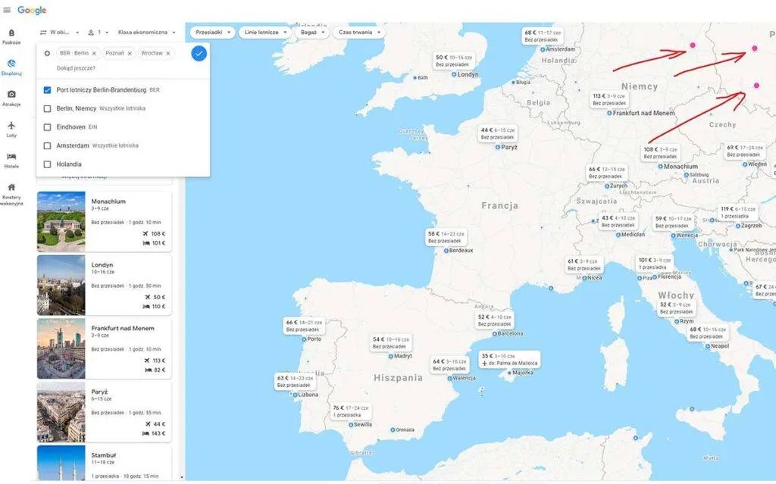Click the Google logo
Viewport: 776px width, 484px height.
click(x=32, y=10)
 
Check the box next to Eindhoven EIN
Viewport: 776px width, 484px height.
click(x=48, y=126)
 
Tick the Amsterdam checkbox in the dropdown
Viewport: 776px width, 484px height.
click(x=48, y=145)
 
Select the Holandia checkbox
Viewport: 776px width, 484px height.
click(x=48, y=164)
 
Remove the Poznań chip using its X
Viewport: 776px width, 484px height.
click(x=130, y=54)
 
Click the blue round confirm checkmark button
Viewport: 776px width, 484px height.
click(x=199, y=53)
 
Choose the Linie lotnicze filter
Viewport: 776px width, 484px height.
click(x=264, y=33)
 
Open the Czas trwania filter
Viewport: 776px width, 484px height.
click(x=358, y=33)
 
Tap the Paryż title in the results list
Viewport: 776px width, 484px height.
click(x=99, y=392)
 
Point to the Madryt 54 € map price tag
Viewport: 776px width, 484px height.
click(x=391, y=343)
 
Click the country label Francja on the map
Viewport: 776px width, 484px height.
click(x=499, y=205)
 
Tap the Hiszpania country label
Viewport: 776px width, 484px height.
click(x=398, y=377)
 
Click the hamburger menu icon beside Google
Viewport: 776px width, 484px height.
click(x=7, y=10)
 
